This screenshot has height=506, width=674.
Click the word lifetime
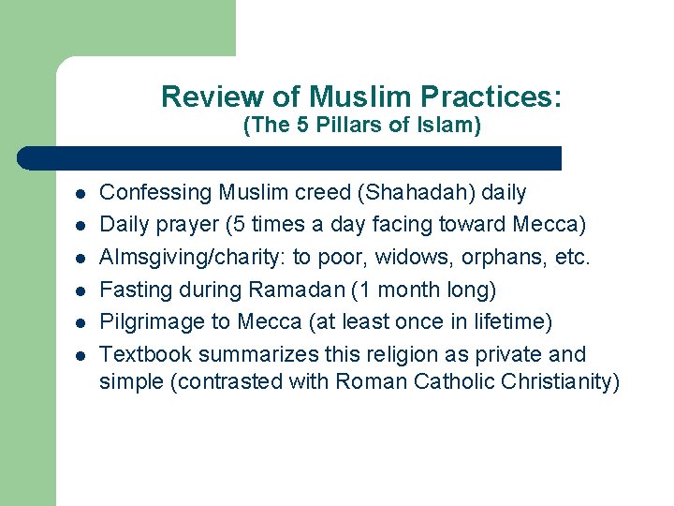514,322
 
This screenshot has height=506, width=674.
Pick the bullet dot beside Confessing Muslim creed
81,194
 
